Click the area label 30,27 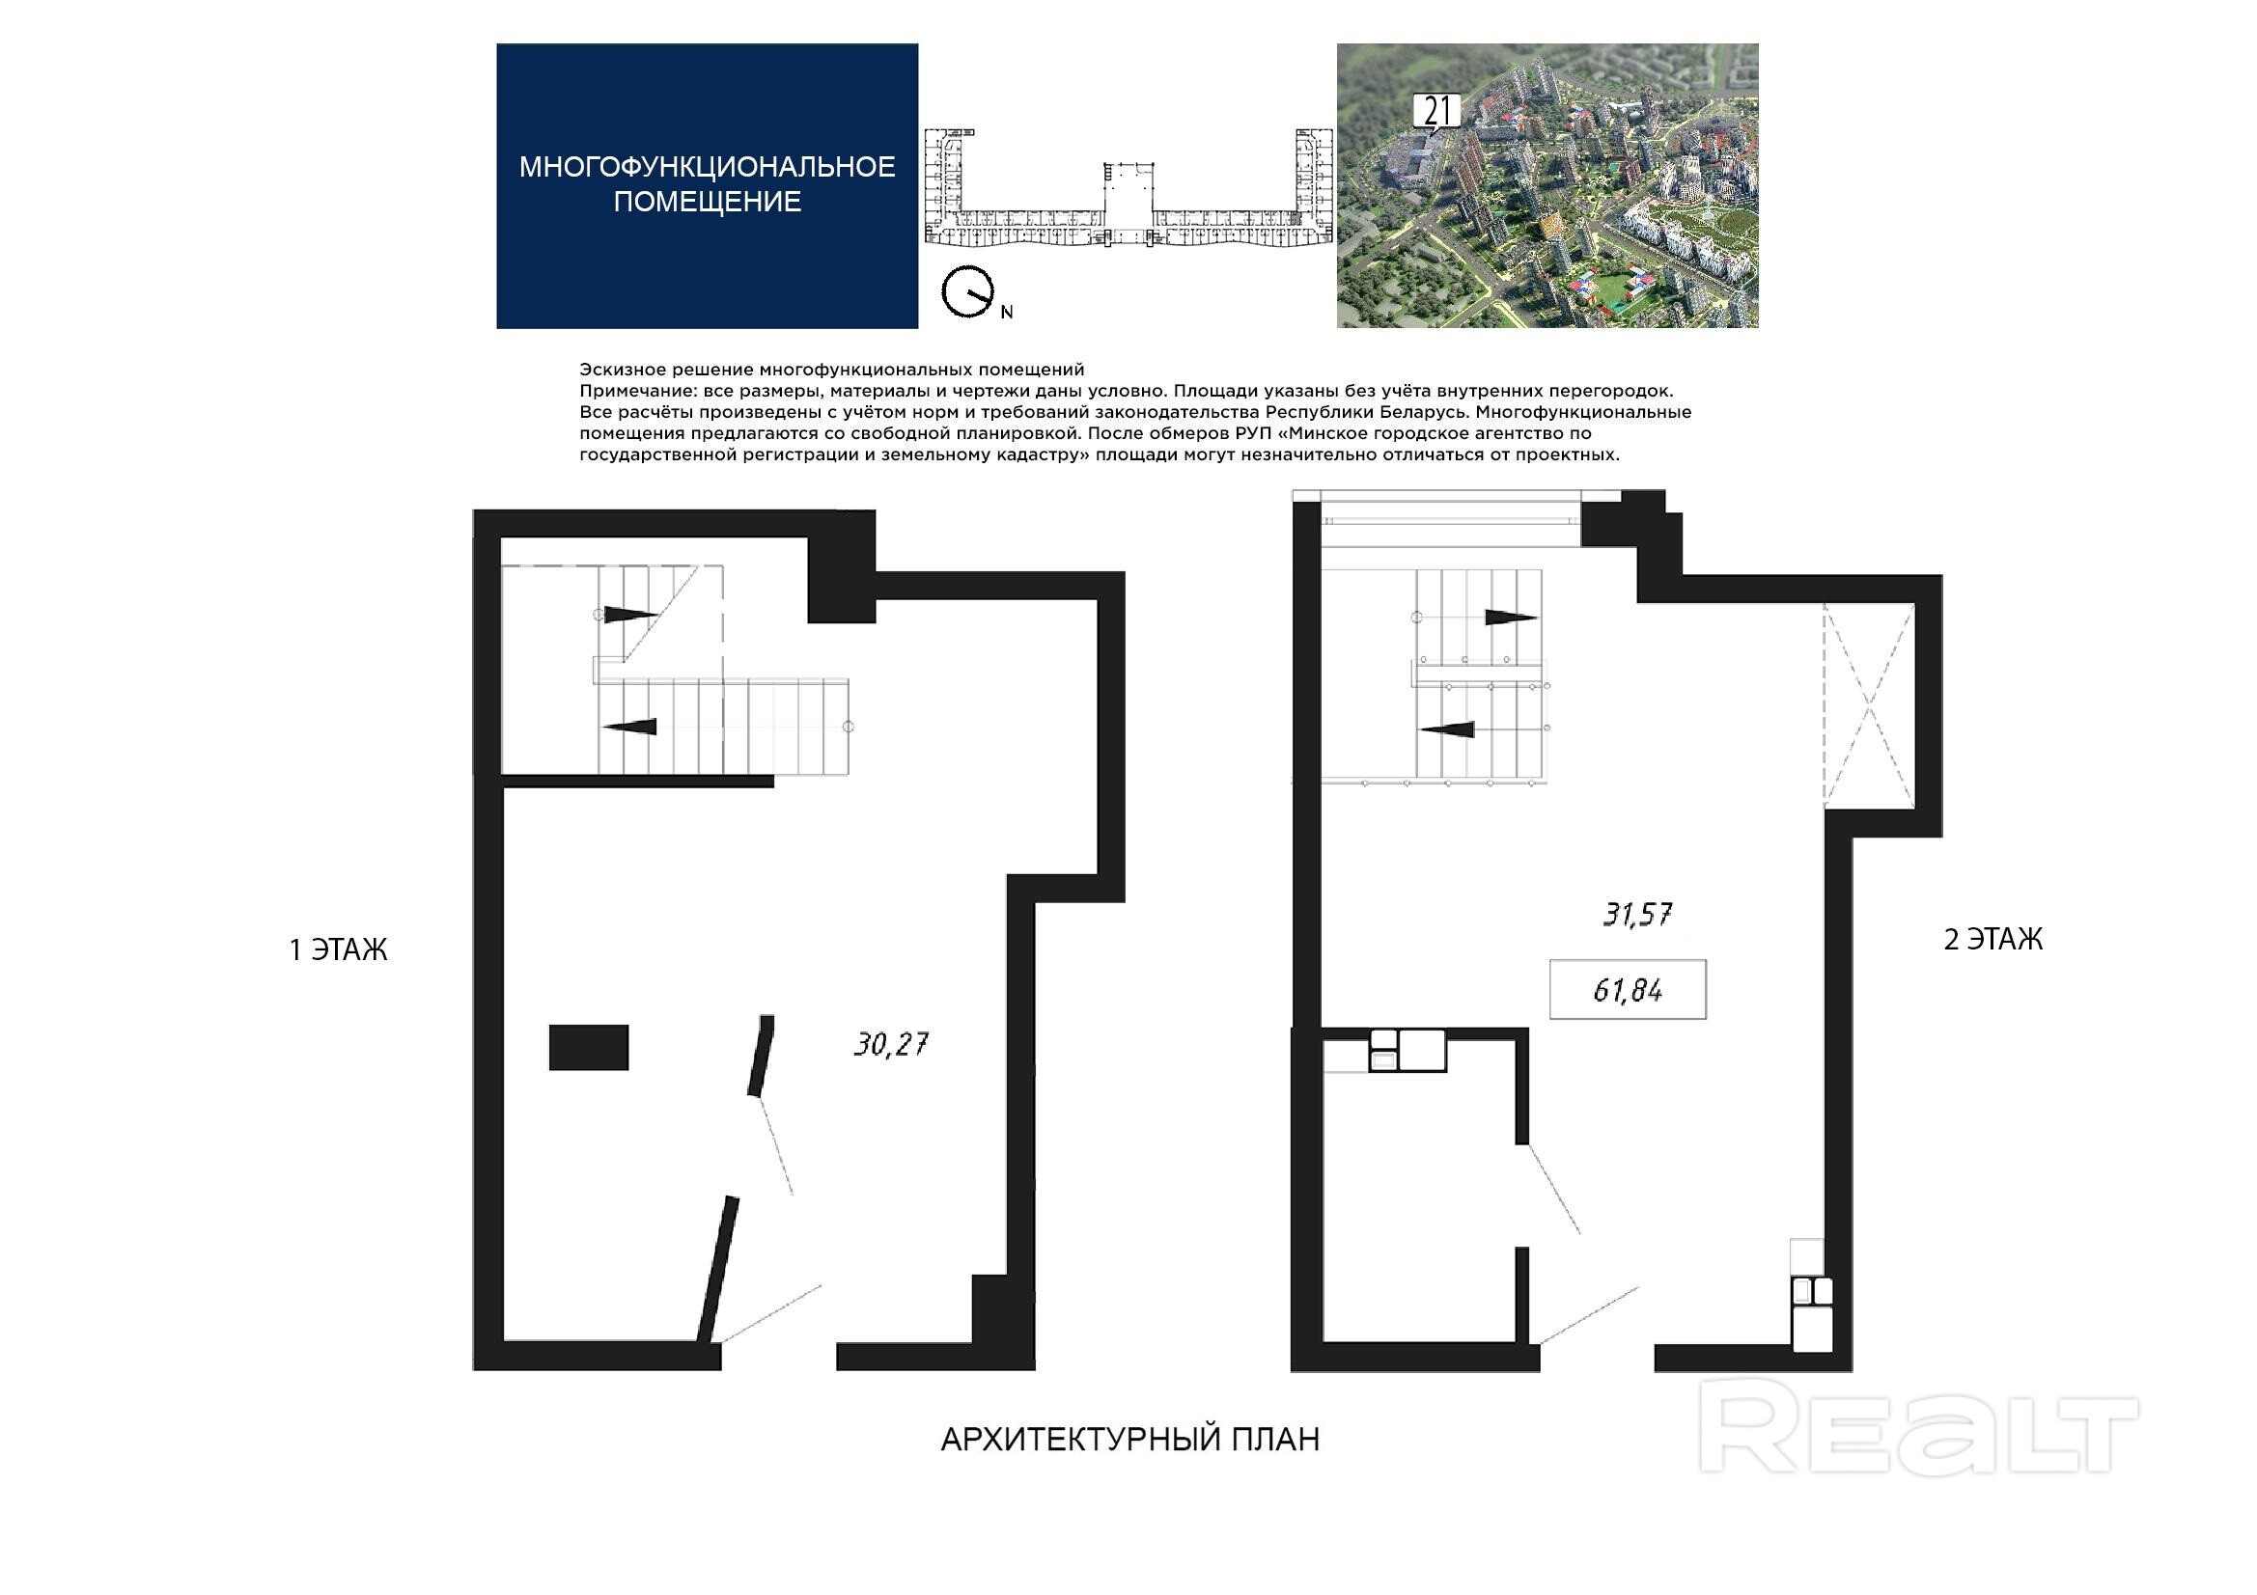[891, 1044]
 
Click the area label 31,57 [1637, 915]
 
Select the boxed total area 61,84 [1628, 990]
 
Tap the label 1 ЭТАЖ [338, 950]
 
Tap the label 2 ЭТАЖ [1993, 940]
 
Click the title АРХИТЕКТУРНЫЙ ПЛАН [1130, 1440]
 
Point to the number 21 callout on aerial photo [1437, 112]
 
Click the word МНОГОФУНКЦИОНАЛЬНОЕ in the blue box [707, 167]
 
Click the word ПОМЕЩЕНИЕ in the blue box [707, 202]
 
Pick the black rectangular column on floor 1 [588, 1047]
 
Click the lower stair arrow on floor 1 [629, 727]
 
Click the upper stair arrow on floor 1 [629, 616]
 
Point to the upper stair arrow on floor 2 [1510, 619]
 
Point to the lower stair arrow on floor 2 [1448, 729]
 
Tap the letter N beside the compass [1007, 313]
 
